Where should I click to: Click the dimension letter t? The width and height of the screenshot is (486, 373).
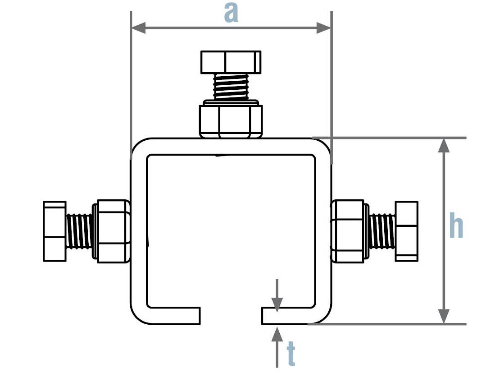[x=291, y=354]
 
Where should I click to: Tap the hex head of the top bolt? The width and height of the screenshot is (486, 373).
[x=231, y=62]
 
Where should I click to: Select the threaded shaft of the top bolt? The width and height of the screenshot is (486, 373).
[x=231, y=86]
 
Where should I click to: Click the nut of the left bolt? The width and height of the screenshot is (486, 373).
[x=112, y=230]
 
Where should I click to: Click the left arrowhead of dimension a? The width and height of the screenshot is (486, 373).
[x=138, y=28]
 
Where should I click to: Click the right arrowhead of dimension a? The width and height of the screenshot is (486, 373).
[x=324, y=28]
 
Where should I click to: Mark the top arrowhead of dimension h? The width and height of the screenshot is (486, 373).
[x=444, y=145]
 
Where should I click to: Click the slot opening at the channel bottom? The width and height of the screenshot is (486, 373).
[x=230, y=316]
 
